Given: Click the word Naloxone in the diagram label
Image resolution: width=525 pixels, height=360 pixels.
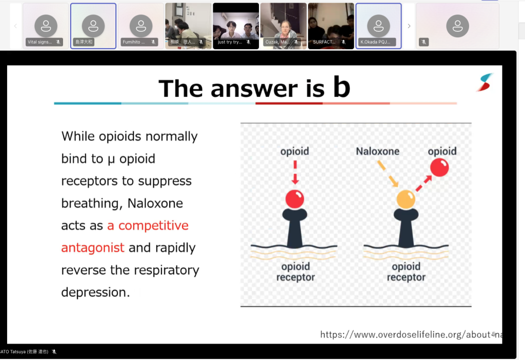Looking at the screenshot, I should pos(377,151).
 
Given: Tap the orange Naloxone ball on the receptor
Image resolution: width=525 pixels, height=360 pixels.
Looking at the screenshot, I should pos(406,199).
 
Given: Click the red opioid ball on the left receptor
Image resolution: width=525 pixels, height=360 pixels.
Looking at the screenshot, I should pos(295,198).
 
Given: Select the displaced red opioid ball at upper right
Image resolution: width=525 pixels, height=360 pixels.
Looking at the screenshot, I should pos(439,167).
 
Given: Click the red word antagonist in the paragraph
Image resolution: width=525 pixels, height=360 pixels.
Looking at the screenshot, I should pos(93,248).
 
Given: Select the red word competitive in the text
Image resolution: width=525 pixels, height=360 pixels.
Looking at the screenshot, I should pos(153,226).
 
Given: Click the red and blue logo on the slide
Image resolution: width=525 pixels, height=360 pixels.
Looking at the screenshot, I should pos(484,82).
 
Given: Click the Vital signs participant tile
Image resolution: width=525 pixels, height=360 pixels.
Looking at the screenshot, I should pos(46,26).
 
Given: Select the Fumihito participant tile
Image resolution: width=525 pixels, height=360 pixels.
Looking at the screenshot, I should pos(140,26).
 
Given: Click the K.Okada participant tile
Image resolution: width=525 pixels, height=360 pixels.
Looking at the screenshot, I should pos(378,26).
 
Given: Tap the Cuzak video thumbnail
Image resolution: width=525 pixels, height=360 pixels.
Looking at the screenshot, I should pos(284,26).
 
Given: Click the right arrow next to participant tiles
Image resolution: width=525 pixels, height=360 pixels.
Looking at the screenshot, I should pos(409,26).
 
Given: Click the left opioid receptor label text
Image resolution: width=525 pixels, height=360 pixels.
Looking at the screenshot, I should pos(295,272).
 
